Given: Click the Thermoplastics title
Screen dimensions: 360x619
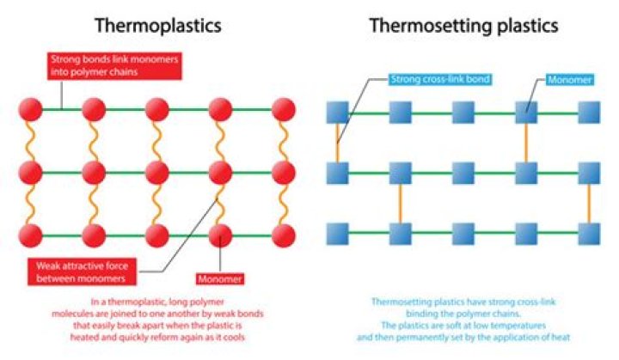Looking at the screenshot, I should click(x=157, y=26).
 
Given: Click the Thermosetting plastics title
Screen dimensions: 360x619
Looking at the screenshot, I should click(x=463, y=26).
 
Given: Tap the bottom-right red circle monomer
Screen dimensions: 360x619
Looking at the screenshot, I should click(x=284, y=235).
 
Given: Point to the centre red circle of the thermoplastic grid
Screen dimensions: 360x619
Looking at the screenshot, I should click(x=157, y=173).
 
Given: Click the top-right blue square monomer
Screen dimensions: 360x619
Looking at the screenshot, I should click(x=589, y=113).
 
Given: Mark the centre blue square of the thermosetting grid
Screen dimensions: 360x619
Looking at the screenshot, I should click(x=463, y=173).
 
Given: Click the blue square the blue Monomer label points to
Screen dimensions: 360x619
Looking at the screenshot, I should click(x=525, y=113).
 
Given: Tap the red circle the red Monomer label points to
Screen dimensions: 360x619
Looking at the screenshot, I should click(x=221, y=235).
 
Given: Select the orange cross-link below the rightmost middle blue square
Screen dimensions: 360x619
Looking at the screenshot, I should click(x=589, y=204).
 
